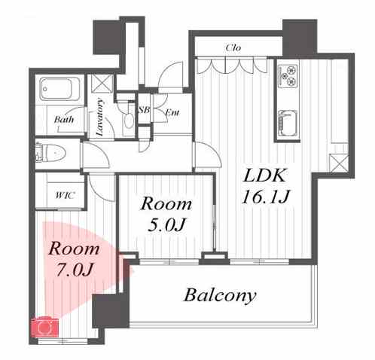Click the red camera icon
pos(44,327)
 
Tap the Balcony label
pos(220,295)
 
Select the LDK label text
pos(264,175)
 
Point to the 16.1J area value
pos(266,197)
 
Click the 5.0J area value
pos(166,224)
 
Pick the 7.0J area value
pos(75,270)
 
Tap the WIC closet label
pos(65,195)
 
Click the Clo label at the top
pos(233,47)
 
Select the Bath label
pos(64,119)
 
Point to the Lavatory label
pos(100,117)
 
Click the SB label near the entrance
pos(145,110)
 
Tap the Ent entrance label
pos(172,112)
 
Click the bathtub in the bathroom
pos(59,89)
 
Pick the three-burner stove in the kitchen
pos(288,75)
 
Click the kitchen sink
pos(288,123)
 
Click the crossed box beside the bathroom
pos(102,84)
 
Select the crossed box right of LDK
pos(339,163)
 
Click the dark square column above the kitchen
pos(300,38)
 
